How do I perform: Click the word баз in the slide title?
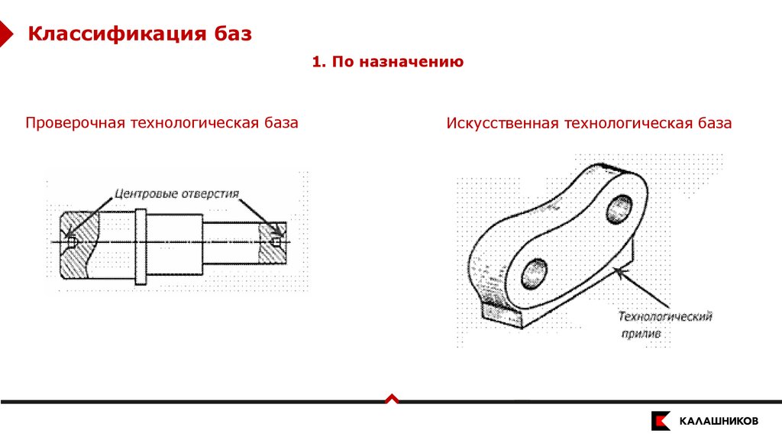tap(231, 34)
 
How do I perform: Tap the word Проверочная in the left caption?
tap(74, 123)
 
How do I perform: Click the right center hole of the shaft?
tap(276, 242)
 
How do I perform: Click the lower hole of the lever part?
tap(535, 273)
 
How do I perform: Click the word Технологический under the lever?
tap(664, 316)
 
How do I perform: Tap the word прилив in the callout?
tap(640, 334)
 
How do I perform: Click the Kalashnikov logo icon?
tap(660, 421)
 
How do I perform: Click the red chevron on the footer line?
tap(391, 398)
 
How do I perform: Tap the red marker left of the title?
tap(6, 34)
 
